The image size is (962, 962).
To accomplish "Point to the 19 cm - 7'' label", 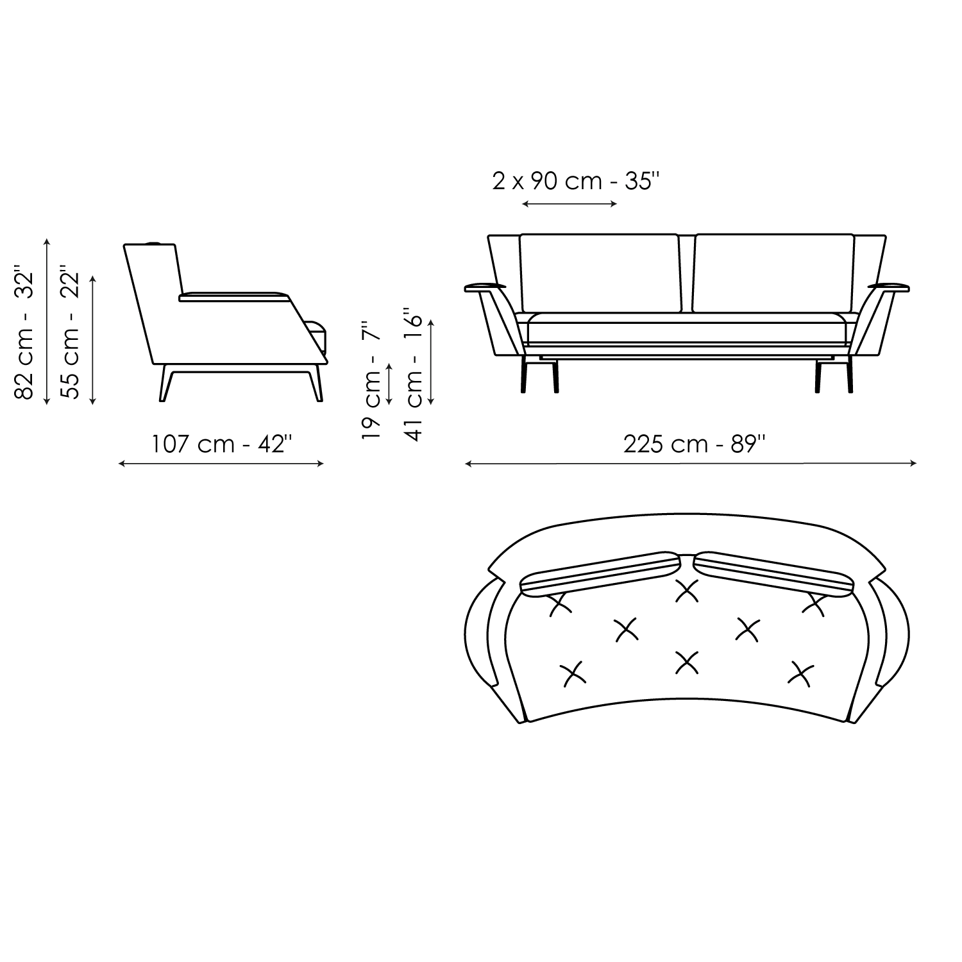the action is (371, 378).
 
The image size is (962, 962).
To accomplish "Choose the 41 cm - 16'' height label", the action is (414, 378).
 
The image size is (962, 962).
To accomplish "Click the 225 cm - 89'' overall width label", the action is (695, 444).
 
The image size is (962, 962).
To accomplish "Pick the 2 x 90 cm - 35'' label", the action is (576, 181).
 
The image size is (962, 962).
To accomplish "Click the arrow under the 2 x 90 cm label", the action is (570, 205).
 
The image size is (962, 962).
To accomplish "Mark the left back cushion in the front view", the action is (599, 274).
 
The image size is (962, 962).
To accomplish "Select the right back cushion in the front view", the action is (774, 274).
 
